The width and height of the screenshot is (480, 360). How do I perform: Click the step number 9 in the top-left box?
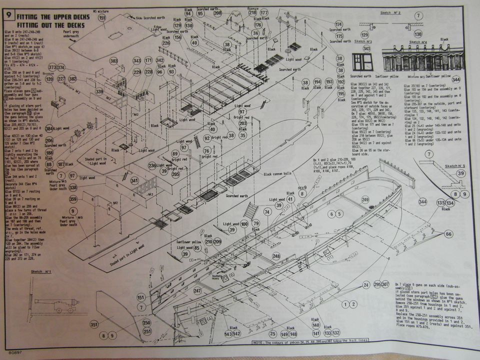[x=8, y=16]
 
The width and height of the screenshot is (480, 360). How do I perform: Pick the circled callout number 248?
[x=276, y=256]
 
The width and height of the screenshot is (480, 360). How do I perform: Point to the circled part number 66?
[x=448, y=234]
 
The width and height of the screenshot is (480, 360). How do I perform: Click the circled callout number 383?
[x=114, y=61]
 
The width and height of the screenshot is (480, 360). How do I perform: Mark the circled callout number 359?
[x=73, y=199]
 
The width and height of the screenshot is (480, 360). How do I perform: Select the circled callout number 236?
[x=152, y=165]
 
